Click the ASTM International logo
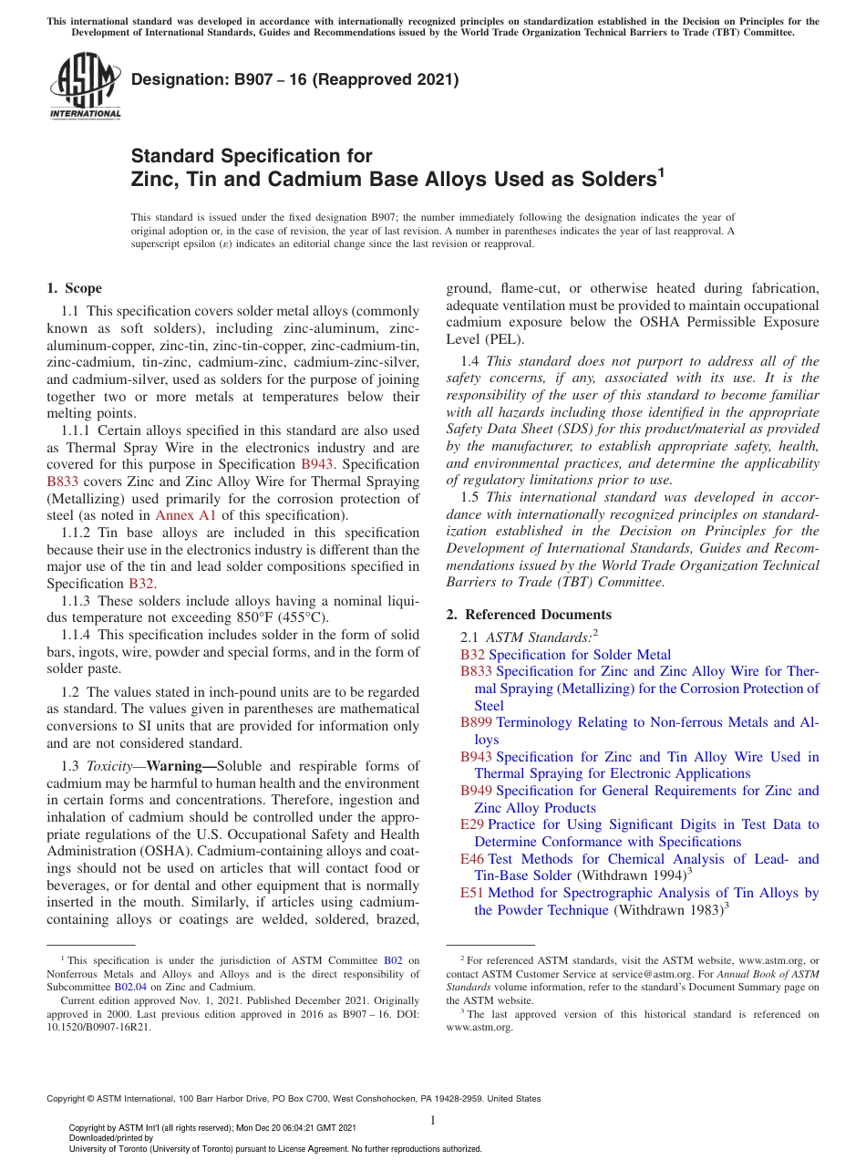(x=85, y=86)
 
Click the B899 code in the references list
(x=477, y=722)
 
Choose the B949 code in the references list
(x=477, y=791)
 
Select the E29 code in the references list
(x=473, y=824)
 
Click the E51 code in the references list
(x=473, y=893)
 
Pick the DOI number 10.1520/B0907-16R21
(x=99, y=1026)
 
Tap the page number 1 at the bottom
(x=433, y=1120)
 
